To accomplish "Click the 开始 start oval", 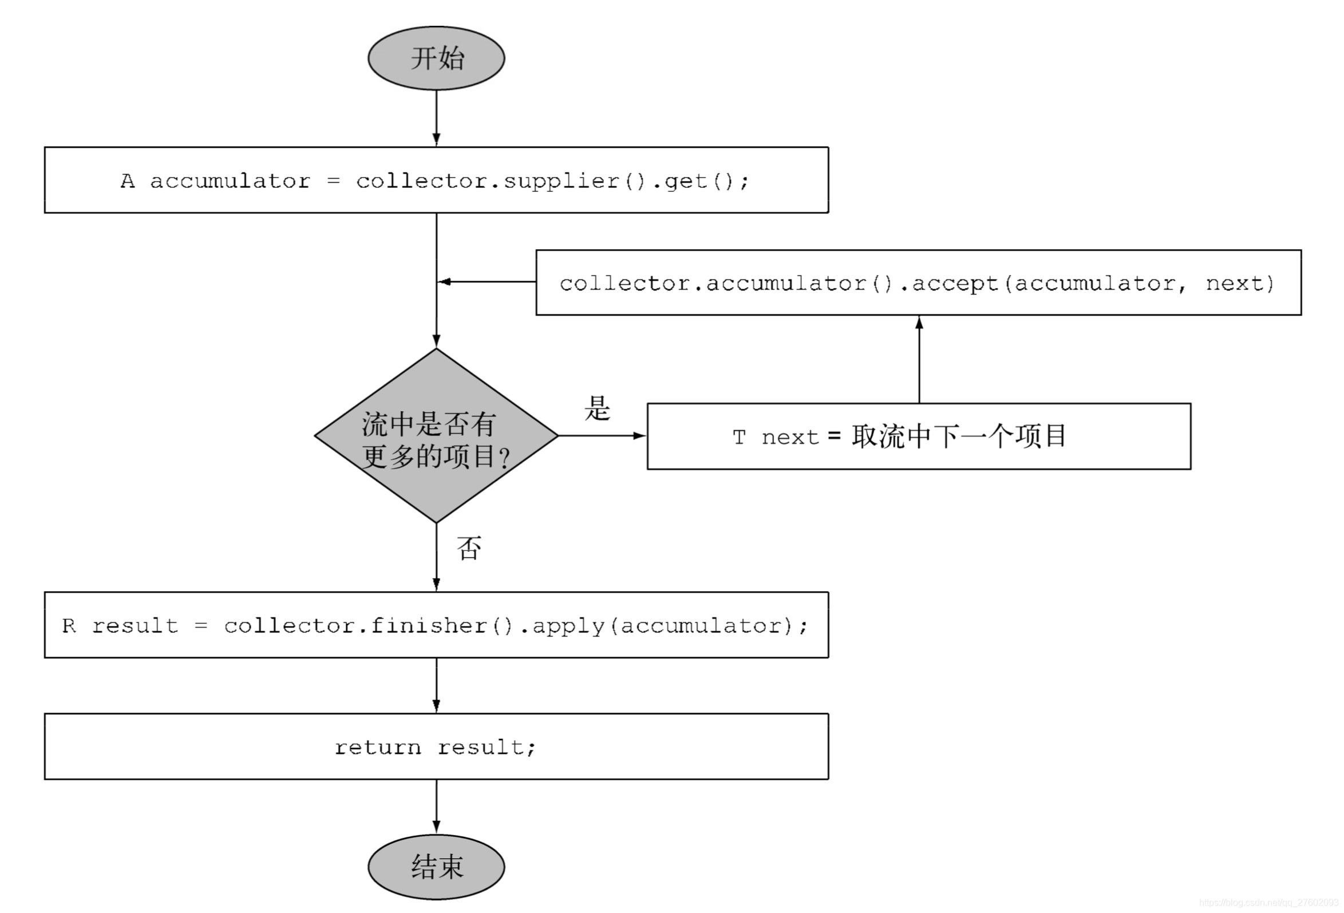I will click(436, 58).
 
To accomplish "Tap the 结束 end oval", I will click(436, 866).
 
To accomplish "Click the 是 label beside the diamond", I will click(597, 408).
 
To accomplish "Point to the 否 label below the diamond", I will click(468, 548).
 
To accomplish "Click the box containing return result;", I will click(436, 746).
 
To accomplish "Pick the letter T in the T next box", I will click(738, 438).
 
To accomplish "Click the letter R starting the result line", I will click(69, 625).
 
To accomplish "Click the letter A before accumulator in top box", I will click(127, 181).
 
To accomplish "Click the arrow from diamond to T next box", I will click(602, 435).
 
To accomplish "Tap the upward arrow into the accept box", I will click(919, 359).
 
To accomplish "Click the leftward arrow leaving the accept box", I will click(486, 282).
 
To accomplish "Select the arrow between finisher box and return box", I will click(436, 684).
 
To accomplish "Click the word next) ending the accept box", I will click(1240, 284).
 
